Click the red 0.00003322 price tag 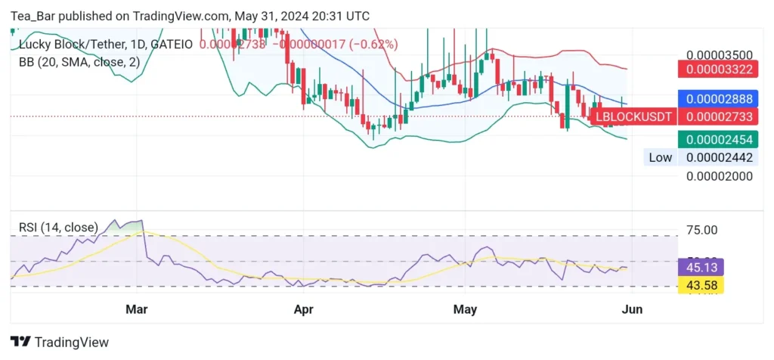point(719,70)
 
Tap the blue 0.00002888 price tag point(719,99)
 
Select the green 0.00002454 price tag point(719,139)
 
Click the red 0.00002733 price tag point(719,116)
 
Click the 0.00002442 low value point(719,157)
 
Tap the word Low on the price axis point(660,157)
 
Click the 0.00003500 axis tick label point(719,55)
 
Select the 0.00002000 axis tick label point(719,175)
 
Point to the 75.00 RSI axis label point(701,230)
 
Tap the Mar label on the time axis point(136,309)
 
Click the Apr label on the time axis point(303,309)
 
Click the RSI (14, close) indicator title point(58,227)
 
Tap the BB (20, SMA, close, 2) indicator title point(79,62)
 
